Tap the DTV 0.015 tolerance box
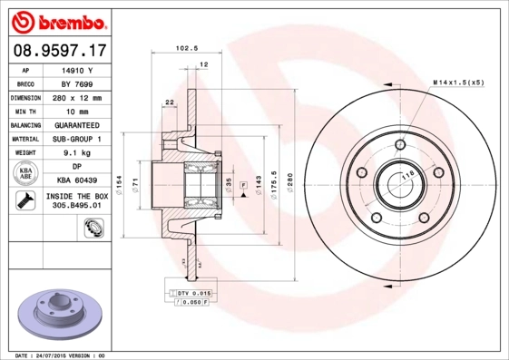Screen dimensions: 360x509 (x=193, y=295)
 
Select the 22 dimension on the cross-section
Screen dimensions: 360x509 (x=170, y=102)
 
